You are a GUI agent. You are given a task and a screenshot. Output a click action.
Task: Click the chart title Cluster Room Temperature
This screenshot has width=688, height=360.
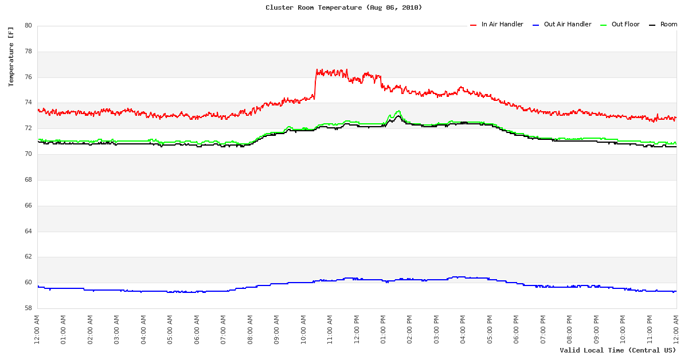coord(343,7)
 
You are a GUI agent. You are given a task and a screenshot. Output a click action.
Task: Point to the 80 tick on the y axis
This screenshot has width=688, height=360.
coord(28,26)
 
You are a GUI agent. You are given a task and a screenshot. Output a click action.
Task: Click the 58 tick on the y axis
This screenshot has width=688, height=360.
coord(28,308)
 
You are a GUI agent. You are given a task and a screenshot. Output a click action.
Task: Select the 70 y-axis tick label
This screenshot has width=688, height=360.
coord(28,154)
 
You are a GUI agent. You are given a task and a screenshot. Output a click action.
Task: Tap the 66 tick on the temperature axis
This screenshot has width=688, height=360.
coord(28,206)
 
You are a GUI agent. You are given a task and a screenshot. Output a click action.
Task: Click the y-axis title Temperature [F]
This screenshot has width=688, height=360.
coord(11,56)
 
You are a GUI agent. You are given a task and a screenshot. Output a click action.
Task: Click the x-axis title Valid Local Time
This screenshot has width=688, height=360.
coord(617,350)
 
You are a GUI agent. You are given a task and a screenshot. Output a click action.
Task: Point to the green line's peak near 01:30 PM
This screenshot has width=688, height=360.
coord(398,111)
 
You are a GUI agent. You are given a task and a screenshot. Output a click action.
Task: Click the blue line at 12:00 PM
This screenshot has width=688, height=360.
coord(357,279)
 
